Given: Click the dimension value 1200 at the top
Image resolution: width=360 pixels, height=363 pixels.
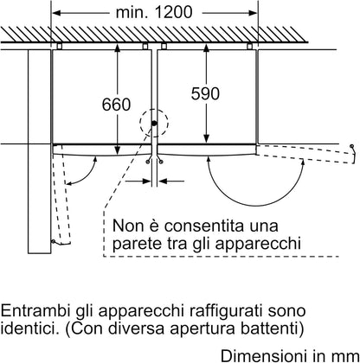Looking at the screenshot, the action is (173, 12).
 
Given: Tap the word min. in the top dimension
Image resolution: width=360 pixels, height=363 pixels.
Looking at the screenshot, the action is (132, 12).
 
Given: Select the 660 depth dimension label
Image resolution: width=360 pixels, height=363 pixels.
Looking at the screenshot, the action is (116, 105).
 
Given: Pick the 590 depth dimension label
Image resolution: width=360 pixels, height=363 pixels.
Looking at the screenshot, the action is (205, 93).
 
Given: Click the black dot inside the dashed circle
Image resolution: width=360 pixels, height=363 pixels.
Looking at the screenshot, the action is (154, 124).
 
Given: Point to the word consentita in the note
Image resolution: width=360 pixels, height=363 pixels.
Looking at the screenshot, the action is (204, 226).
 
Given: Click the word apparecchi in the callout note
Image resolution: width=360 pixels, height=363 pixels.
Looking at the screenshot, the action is (258, 244).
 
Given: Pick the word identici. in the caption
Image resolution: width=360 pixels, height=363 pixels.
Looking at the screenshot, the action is (29, 328).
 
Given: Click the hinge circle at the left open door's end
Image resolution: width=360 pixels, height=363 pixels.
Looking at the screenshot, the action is (53, 241).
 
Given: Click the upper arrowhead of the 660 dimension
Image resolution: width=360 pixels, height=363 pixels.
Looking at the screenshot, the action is (117, 48).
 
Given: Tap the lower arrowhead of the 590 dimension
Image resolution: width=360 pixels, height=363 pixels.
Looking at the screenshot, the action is (206, 139).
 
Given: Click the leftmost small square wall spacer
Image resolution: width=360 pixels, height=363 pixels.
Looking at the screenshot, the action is (59, 46).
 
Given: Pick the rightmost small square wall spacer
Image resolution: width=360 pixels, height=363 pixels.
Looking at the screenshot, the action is (249, 46).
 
